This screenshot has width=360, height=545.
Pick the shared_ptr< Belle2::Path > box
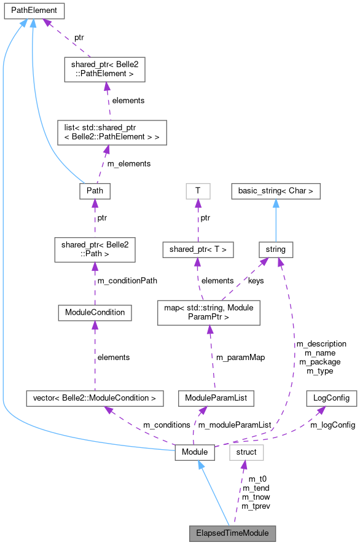pos(95,249)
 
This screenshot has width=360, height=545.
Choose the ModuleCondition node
pos(95,312)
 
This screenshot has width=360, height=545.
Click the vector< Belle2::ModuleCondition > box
pos(95,398)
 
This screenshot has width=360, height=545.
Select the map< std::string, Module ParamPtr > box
pos(209,312)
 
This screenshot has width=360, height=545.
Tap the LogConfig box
pos(331,398)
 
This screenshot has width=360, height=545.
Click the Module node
pos(194,453)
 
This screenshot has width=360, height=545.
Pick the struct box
pos(246,453)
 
